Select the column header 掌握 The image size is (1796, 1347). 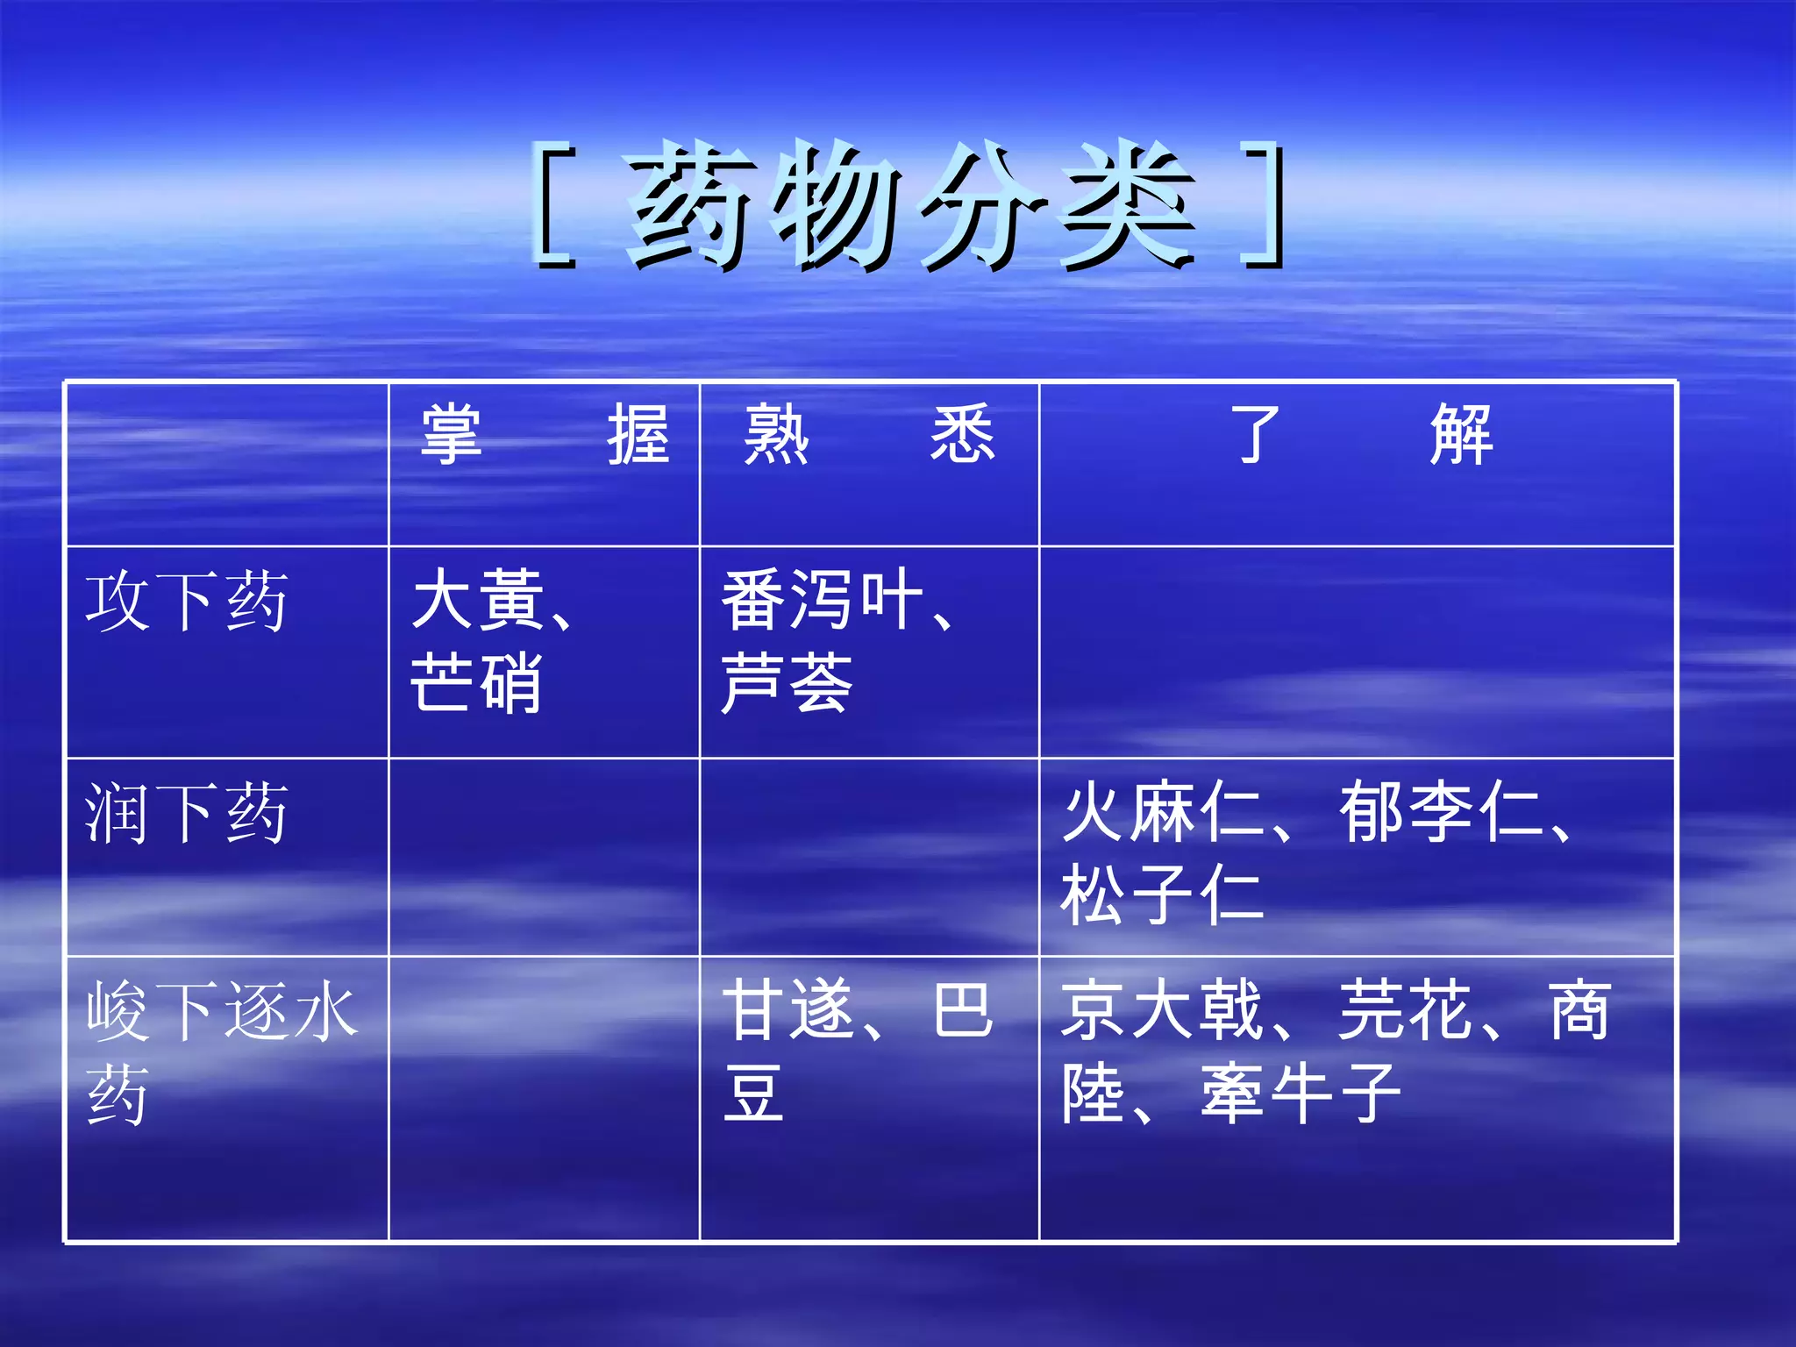545,435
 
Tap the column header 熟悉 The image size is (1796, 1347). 869,435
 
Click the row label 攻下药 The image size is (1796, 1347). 186,602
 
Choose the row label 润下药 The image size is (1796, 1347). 186,814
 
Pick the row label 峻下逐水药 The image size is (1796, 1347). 219,1052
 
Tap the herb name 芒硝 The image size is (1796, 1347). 476,683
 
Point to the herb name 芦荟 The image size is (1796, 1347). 787,683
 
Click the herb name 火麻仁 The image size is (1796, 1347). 1162,812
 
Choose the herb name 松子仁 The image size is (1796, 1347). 1162,895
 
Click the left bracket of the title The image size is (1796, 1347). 553,206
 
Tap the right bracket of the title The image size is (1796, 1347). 1264,206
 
